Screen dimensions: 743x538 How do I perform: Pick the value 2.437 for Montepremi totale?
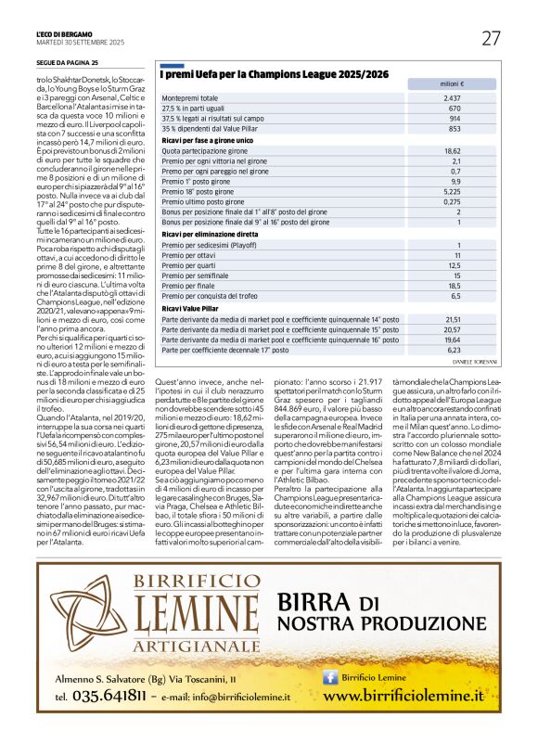pos(452,97)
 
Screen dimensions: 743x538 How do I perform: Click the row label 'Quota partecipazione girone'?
pos(205,150)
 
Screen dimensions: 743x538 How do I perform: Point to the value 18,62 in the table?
pos(452,150)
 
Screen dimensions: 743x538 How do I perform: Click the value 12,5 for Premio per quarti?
pos(452,265)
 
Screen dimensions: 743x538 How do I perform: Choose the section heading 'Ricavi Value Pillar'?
pos(190,307)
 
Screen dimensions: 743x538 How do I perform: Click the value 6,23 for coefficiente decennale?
pos(452,350)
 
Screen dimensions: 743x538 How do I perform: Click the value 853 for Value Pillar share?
pos(454,128)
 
